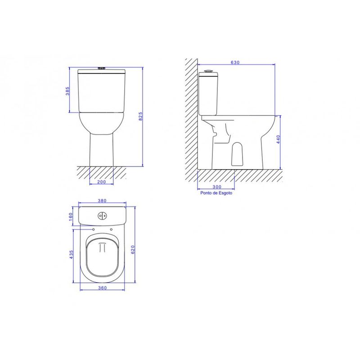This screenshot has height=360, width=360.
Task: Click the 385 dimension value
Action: [x=67, y=91]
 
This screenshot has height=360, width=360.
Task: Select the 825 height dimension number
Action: [x=141, y=117]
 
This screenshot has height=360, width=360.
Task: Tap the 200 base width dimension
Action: [x=102, y=182]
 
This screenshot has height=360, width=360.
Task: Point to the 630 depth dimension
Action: [x=235, y=63]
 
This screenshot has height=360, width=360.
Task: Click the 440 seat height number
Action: [x=278, y=139]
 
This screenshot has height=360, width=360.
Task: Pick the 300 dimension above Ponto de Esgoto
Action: [x=217, y=187]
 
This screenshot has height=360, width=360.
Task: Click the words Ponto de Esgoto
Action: [x=216, y=193]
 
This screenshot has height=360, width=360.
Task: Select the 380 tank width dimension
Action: [x=102, y=201]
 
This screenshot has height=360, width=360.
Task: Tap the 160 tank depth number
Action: [x=71, y=216]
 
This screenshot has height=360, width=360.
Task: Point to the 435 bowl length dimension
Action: [x=72, y=255]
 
